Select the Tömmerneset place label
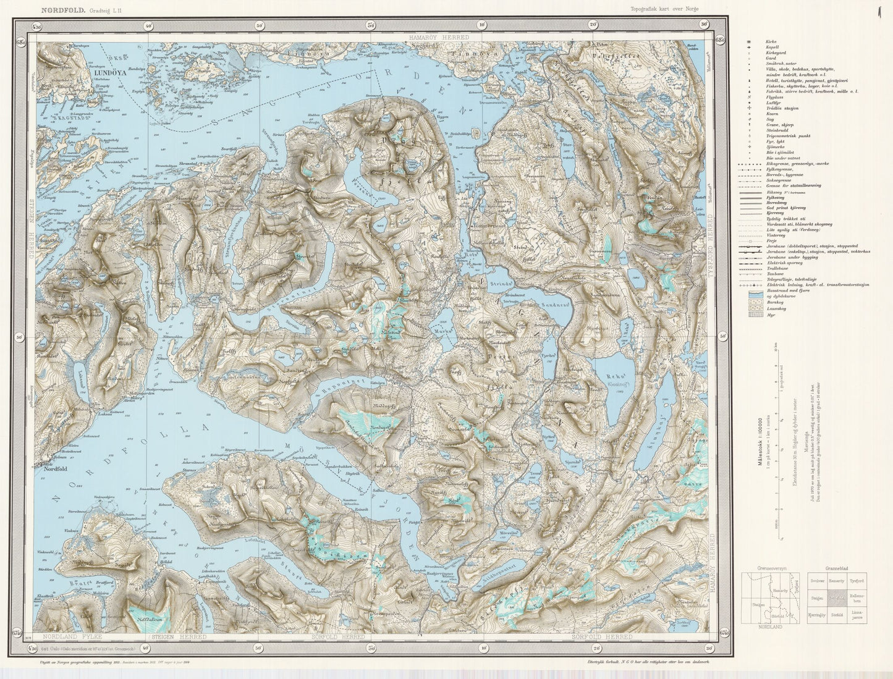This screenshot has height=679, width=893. (x=489, y=225)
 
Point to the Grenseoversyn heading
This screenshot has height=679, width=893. (x=764, y=567)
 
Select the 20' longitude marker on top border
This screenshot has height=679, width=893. (x=593, y=25)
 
